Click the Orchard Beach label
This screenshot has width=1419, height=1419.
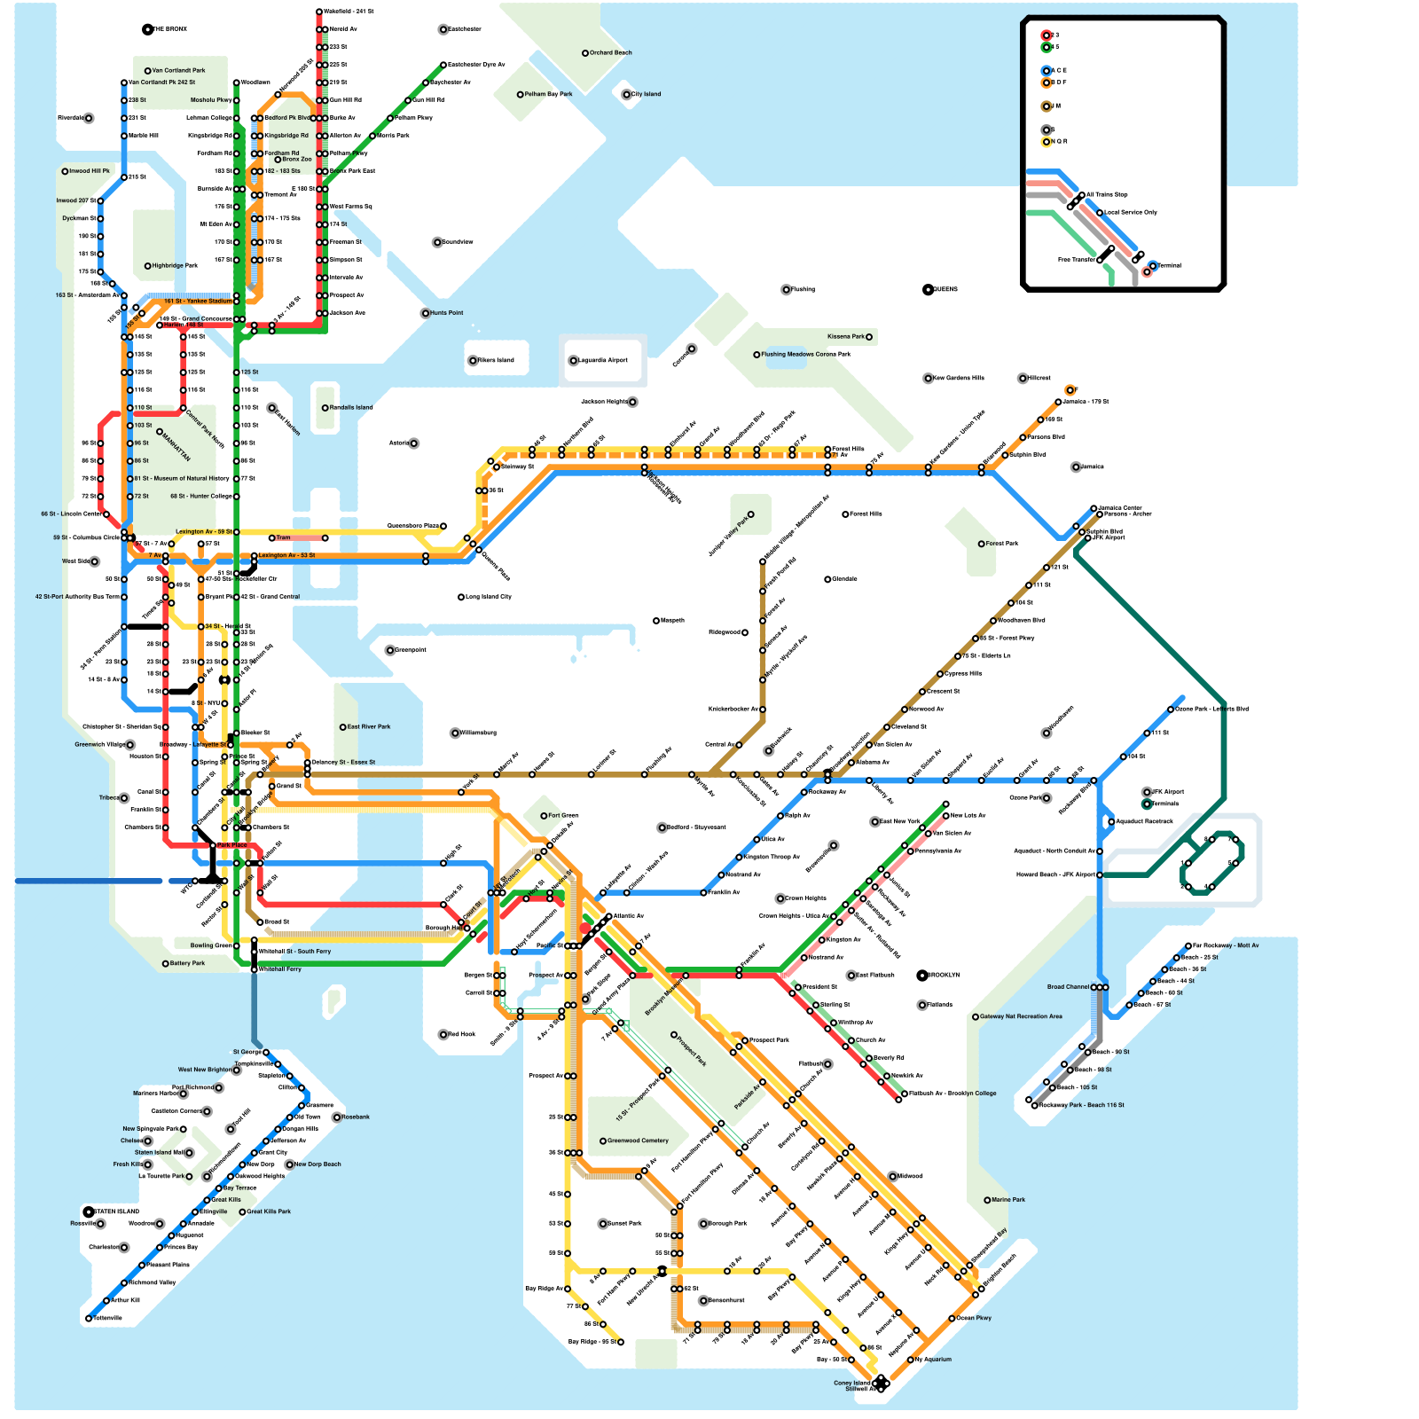(610, 53)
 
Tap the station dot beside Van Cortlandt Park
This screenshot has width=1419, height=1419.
(148, 71)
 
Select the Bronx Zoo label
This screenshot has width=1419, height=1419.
(296, 160)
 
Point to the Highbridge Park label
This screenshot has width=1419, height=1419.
(174, 265)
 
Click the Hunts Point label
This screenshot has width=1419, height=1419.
(446, 313)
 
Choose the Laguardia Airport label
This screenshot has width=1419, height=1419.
(603, 360)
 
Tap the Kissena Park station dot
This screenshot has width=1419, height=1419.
(869, 337)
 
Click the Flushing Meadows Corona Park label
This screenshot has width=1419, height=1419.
(805, 354)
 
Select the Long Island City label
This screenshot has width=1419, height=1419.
(488, 597)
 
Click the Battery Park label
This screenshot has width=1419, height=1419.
(186, 963)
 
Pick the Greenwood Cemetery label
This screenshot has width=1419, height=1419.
(637, 1141)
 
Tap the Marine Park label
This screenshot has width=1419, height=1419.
(1007, 1200)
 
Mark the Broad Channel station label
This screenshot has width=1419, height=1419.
(1068, 987)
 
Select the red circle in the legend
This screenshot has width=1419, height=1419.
(1047, 35)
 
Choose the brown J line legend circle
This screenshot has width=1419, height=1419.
(1047, 106)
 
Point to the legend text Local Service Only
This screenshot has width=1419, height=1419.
(1130, 213)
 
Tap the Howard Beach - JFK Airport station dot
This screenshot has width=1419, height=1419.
(1100, 875)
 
